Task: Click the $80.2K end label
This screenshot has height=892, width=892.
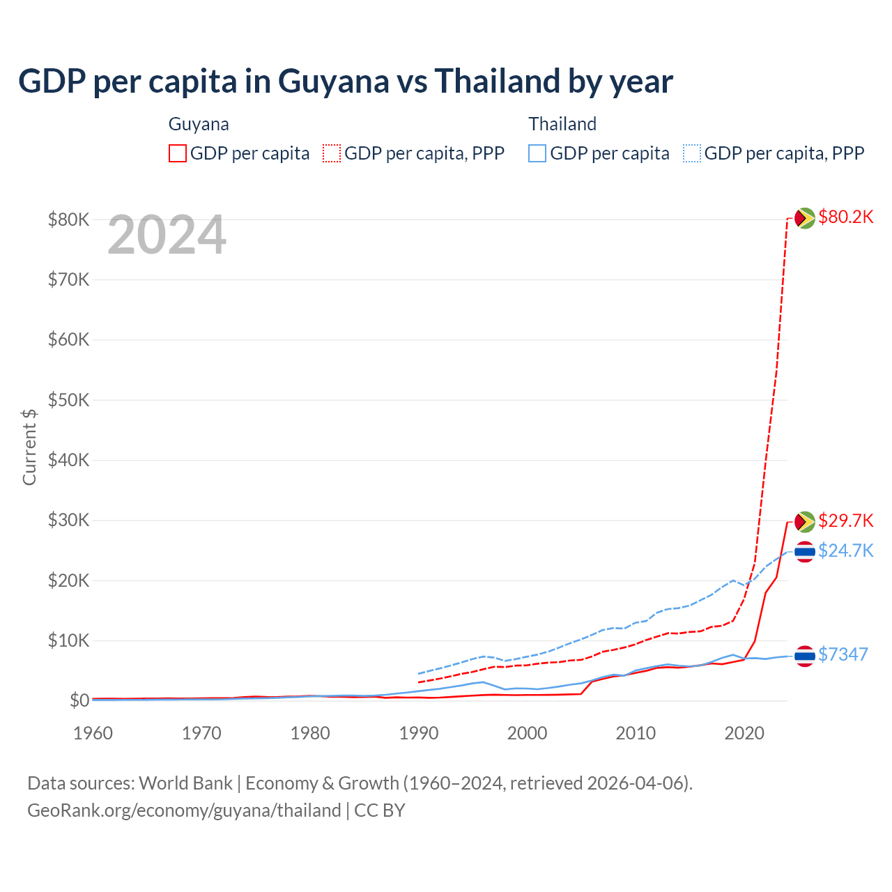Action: click(x=845, y=217)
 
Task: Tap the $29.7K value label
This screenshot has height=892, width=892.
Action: click(x=845, y=521)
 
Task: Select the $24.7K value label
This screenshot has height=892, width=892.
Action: click(x=845, y=551)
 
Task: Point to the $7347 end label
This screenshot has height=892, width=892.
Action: click(x=843, y=654)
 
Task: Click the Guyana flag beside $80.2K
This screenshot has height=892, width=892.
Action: click(x=805, y=218)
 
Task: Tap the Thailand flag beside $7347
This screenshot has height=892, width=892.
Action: click(x=805, y=656)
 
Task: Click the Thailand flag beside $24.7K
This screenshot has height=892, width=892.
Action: click(x=805, y=552)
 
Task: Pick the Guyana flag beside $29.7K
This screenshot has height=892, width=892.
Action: click(x=805, y=521)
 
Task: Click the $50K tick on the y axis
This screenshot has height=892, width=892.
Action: click(x=68, y=401)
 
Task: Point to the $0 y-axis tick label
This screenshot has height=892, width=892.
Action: click(x=79, y=701)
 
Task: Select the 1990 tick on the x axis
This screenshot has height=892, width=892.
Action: click(x=419, y=733)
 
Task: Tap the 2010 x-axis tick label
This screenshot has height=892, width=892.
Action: click(x=636, y=733)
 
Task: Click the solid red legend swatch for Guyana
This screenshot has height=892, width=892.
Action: click(x=178, y=153)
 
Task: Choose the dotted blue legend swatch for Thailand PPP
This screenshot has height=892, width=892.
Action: click(x=692, y=153)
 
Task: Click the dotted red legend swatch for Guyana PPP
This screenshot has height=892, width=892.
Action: click(x=332, y=153)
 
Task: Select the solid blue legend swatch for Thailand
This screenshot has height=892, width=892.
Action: click(x=537, y=153)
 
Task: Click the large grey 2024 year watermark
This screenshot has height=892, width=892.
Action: click(x=167, y=236)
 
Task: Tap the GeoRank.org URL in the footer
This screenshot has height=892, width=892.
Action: click(x=184, y=810)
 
